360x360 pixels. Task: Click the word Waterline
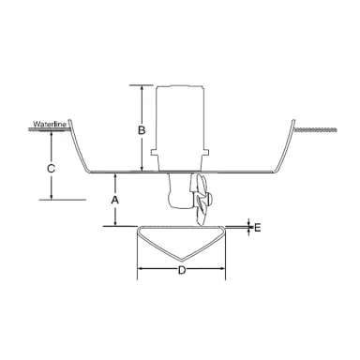point(47,124)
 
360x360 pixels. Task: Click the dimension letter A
point(114,201)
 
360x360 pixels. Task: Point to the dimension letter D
point(182,270)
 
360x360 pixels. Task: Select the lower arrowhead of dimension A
point(114,223)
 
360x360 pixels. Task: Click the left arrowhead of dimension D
point(141,270)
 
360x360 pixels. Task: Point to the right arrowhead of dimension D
point(224,270)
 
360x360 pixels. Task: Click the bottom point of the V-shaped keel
point(182,260)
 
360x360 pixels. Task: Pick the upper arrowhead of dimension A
point(114,176)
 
